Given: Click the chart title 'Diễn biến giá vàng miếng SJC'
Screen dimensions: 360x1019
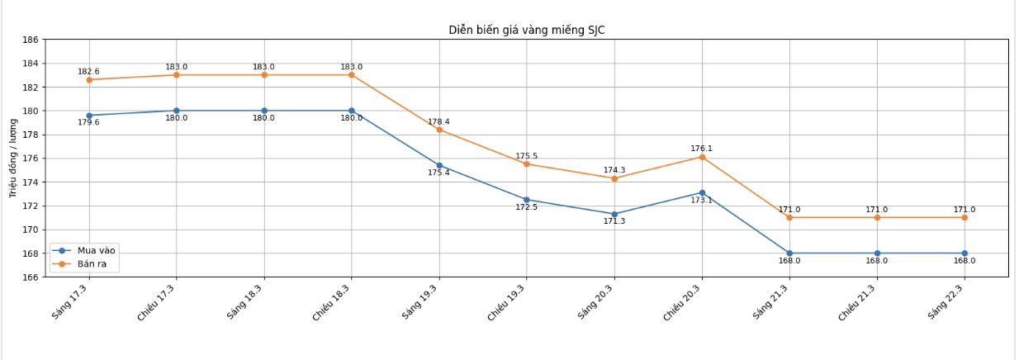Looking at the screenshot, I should (x=526, y=31).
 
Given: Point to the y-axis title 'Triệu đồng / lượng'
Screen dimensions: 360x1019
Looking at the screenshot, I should (x=13, y=158).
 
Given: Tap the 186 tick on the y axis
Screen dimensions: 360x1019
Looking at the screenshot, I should (x=30, y=40).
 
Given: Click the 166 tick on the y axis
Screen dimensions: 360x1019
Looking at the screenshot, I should (x=30, y=277).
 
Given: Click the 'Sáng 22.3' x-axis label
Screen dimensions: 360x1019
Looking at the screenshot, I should (x=947, y=302).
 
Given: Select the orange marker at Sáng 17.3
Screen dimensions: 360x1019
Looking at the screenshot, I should (x=89, y=80).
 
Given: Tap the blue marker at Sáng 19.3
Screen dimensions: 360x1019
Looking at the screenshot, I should (x=439, y=165).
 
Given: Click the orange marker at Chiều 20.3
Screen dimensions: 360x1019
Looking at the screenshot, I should (x=702, y=157).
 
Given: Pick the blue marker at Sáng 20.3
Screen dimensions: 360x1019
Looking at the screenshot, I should (x=614, y=214).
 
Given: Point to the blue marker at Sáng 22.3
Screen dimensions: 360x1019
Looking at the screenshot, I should (x=964, y=253).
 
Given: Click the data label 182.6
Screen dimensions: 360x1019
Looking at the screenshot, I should (x=88, y=72).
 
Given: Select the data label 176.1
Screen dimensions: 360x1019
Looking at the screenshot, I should (x=701, y=149).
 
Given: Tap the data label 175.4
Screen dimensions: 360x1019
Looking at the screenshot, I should (x=438, y=173).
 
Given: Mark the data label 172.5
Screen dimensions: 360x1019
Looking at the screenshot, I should (x=526, y=207).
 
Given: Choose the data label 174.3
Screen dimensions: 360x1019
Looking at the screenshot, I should (x=614, y=170).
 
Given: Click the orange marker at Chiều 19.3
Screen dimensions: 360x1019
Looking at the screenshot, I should (x=527, y=163).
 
